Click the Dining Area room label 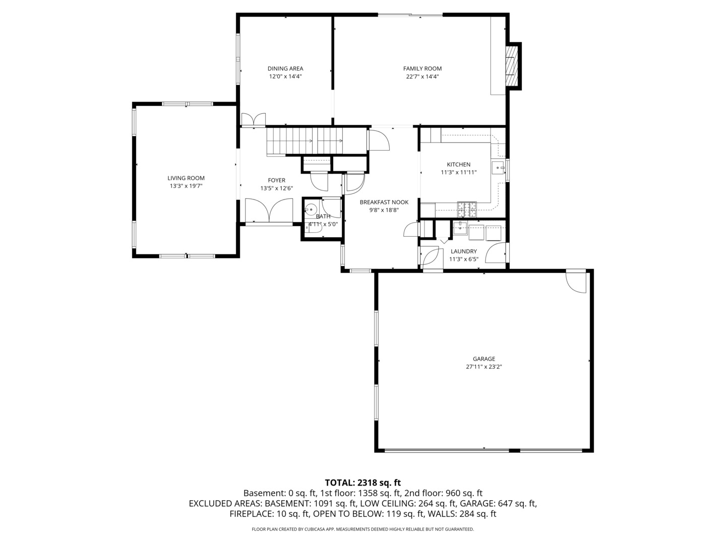click(285, 69)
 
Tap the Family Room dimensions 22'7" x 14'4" click(422, 77)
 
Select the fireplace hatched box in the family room click(512, 65)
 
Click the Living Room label click(186, 178)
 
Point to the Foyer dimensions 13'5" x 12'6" click(276, 188)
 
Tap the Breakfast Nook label click(384, 202)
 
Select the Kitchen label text click(458, 164)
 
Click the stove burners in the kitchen click(466, 206)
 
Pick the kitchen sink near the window click(498, 168)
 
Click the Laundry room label click(463, 251)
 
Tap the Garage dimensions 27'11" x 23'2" click(483, 367)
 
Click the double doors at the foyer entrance click(269, 210)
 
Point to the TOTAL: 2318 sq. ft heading click(362, 483)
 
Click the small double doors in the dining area click(253, 120)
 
